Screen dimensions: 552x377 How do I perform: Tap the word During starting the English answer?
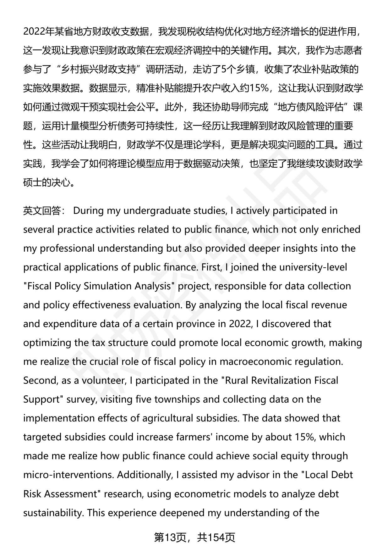coord(88,210)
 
